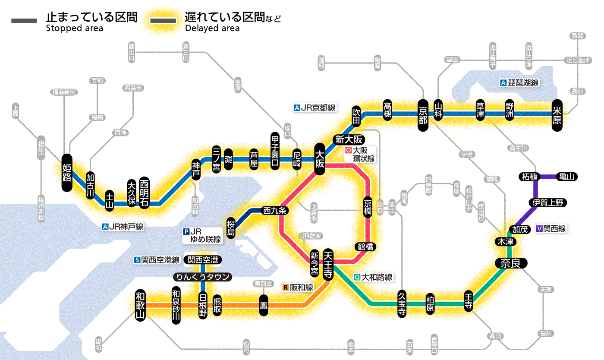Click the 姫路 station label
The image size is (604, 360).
(x=67, y=172)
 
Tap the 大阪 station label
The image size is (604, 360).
(x=320, y=159)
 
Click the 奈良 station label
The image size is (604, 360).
(x=510, y=263)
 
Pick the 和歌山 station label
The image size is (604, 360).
(x=140, y=305)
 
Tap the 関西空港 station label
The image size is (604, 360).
(x=202, y=260)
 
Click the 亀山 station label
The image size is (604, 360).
(x=567, y=177)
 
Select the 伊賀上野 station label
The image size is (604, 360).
(x=548, y=202)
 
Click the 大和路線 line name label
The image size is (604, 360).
(x=377, y=278)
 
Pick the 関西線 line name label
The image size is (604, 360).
(x=554, y=229)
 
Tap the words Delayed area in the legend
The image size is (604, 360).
(x=212, y=28)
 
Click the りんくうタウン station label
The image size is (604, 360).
(x=202, y=277)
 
